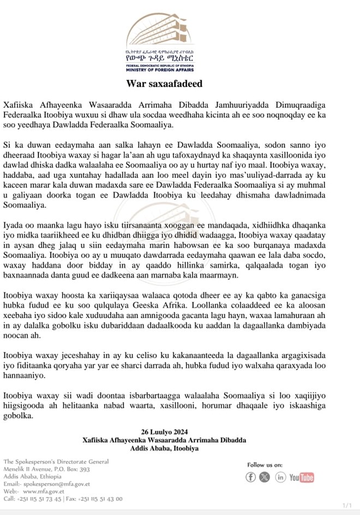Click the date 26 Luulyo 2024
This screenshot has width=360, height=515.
(x=165, y=432)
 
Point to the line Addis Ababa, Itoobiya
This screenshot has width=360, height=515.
(x=165, y=448)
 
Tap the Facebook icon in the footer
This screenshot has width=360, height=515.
(x=251, y=477)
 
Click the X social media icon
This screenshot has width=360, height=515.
(x=265, y=477)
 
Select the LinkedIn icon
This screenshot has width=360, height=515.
(x=280, y=477)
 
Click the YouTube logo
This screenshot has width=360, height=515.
(x=302, y=477)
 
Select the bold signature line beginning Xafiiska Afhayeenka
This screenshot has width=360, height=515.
(x=165, y=440)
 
